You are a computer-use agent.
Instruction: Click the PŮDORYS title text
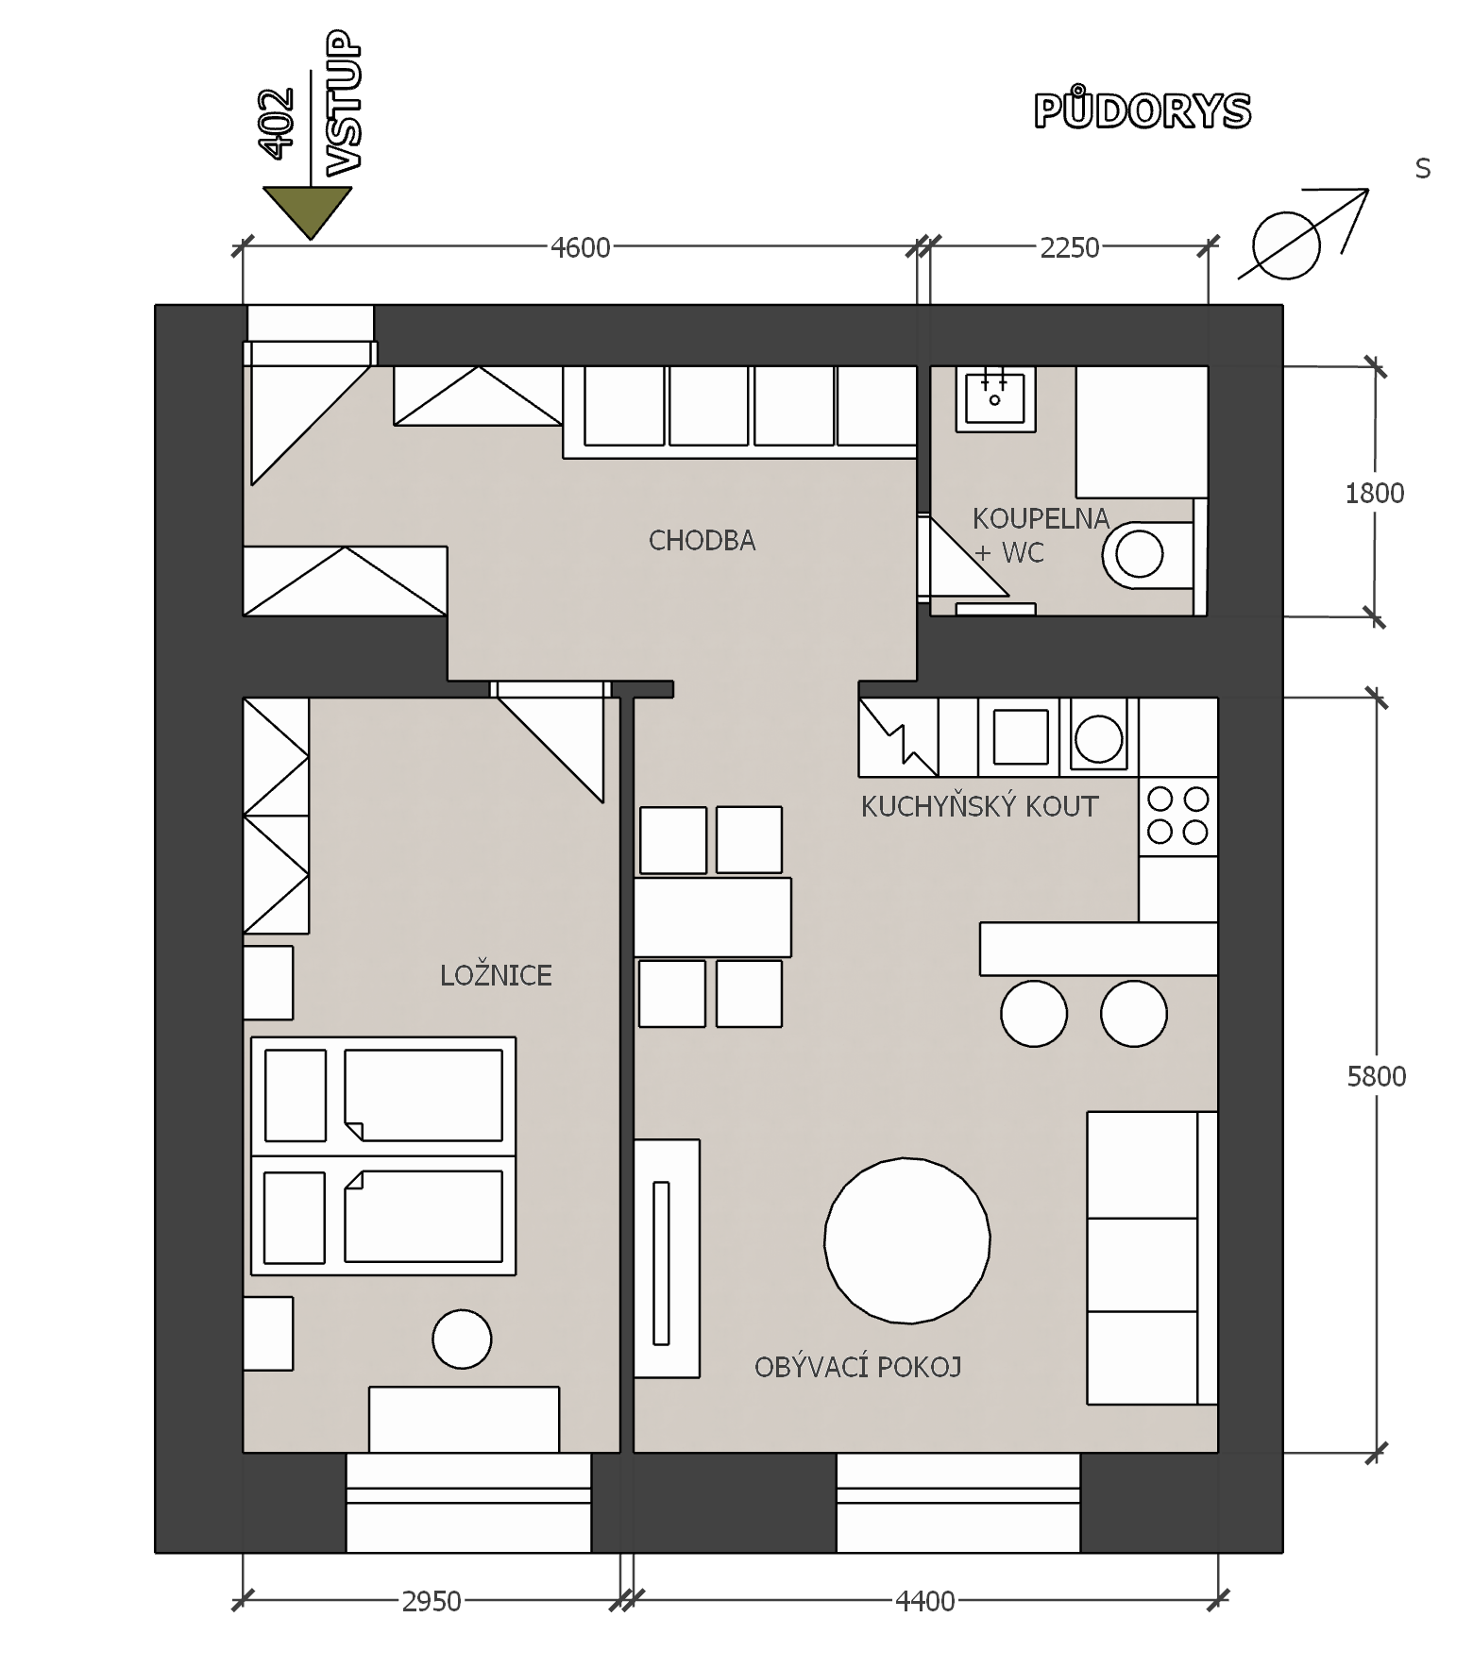tap(1143, 110)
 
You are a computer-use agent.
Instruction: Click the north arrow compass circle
tap(1285, 245)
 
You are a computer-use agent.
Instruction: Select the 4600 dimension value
tap(581, 247)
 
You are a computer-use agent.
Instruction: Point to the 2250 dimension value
tap(1070, 247)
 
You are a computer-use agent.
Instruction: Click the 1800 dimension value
tap(1375, 493)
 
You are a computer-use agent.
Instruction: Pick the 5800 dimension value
tap(1377, 1076)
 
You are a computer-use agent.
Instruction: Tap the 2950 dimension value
tap(432, 1602)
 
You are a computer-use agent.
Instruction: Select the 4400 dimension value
tap(925, 1602)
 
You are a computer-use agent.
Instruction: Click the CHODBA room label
tap(702, 541)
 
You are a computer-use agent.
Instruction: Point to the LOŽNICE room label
tap(496, 974)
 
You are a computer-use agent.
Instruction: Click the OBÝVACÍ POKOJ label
tap(857, 1366)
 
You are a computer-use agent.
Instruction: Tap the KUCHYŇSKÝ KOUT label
tap(980, 806)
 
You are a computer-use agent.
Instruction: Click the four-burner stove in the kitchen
tap(1177, 816)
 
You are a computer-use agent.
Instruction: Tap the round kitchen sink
tap(1098, 737)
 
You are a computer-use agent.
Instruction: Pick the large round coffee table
tap(906, 1240)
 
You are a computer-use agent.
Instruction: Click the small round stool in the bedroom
tap(462, 1339)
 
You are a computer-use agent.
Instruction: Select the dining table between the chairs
tap(712, 917)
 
